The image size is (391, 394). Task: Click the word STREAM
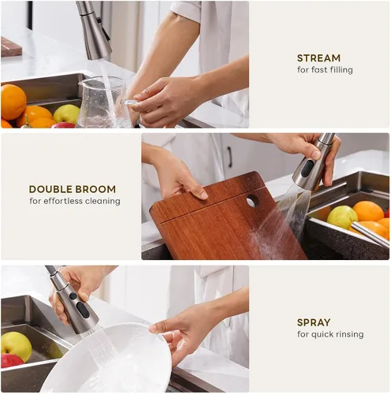click(318, 58)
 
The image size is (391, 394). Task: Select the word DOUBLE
click(49, 189)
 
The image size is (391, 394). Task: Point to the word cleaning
click(102, 201)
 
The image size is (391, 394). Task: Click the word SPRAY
click(314, 322)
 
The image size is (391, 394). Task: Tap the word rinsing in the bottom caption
click(349, 334)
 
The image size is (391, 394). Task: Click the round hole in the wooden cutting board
click(252, 202)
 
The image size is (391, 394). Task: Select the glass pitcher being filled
click(104, 102)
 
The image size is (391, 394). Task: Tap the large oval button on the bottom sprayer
click(83, 310)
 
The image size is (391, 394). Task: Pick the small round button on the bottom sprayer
click(73, 296)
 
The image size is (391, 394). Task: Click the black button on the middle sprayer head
click(307, 169)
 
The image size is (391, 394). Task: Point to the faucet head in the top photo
click(95, 31)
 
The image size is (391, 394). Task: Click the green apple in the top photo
click(66, 114)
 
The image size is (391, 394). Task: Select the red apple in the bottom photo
click(12, 361)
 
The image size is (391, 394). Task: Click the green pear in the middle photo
click(342, 217)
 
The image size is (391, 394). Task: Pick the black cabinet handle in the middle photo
click(229, 157)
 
